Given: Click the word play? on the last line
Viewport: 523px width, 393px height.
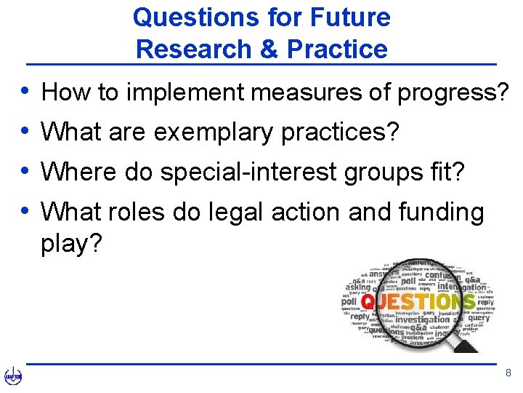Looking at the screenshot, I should (72, 244).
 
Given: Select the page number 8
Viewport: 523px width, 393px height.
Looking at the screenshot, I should (508, 373).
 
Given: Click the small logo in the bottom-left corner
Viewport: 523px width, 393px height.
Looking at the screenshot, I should (13, 376).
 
